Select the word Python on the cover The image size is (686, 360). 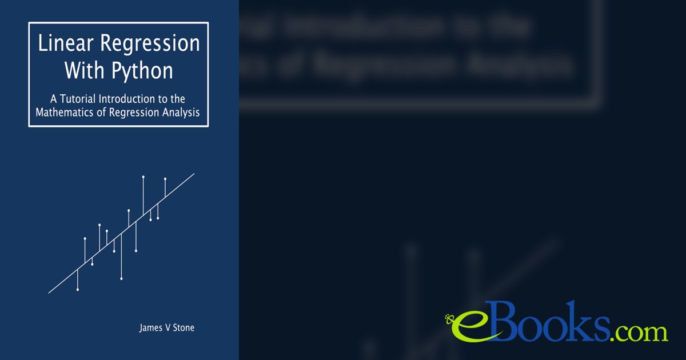[x=146, y=71]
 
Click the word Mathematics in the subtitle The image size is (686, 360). [x=64, y=113]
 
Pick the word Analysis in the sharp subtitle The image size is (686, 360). [x=180, y=113]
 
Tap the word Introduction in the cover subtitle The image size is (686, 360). [x=130, y=99]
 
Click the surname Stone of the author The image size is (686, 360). [x=182, y=328]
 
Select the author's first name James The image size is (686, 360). [x=151, y=328]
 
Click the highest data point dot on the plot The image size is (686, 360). [x=143, y=177]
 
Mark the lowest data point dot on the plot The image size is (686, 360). [x=78, y=290]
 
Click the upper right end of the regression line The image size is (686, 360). [x=194, y=174]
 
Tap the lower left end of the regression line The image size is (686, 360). [x=49, y=293]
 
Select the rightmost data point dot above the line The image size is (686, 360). [x=165, y=179]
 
